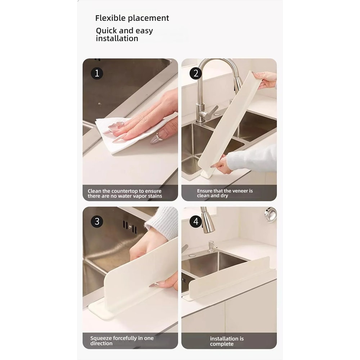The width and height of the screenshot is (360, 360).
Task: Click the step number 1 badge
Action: [x=96, y=73]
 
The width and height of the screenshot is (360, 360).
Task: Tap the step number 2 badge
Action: [x=195, y=73]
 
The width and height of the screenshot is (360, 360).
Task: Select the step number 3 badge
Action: [x=96, y=221]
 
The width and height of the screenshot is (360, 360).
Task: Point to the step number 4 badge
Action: [x=195, y=221]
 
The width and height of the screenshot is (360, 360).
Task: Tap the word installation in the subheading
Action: [x=117, y=39]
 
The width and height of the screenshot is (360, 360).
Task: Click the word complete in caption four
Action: [x=222, y=344]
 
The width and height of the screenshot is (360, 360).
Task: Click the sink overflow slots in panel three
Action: [x=130, y=226]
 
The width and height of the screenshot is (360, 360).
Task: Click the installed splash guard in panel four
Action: [x=230, y=277]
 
